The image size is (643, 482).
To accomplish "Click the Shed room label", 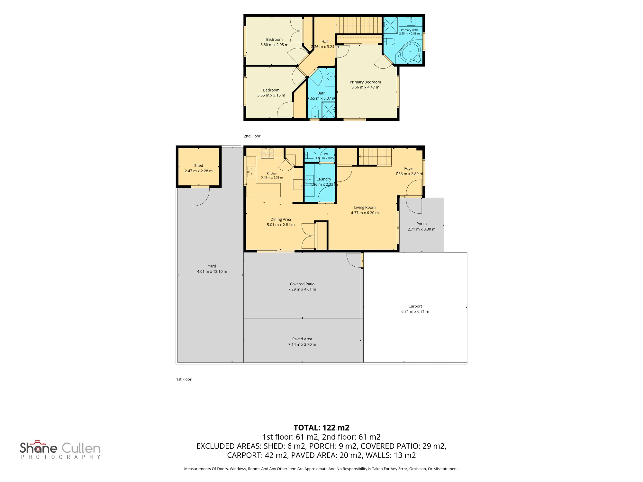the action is [199, 166].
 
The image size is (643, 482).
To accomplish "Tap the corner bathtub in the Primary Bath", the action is [409, 51].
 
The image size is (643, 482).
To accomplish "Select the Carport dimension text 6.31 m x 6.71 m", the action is [415, 312].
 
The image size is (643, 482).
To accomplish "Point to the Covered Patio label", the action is [302, 284].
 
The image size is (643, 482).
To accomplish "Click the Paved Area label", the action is [302, 339].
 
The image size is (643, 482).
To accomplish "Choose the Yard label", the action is [212, 266].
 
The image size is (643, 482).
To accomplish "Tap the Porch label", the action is [421, 224].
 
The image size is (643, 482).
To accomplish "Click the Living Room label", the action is [365, 208].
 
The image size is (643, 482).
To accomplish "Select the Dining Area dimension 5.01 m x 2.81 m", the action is [281, 225].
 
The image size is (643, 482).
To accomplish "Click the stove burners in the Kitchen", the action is [267, 153].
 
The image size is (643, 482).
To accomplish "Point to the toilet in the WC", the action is [310, 156].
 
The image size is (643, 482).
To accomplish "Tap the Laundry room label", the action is [324, 179].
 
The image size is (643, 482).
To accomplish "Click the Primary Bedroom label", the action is [365, 82].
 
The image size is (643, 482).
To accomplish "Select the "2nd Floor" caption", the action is [252, 136].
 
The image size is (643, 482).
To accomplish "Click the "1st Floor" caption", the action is [184, 379].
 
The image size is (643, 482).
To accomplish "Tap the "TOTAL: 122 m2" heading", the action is [321, 428].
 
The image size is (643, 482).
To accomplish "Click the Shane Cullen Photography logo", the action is [60, 450].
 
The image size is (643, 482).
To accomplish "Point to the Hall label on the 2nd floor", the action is [325, 42].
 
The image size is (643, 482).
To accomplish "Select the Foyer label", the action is [409, 169].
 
